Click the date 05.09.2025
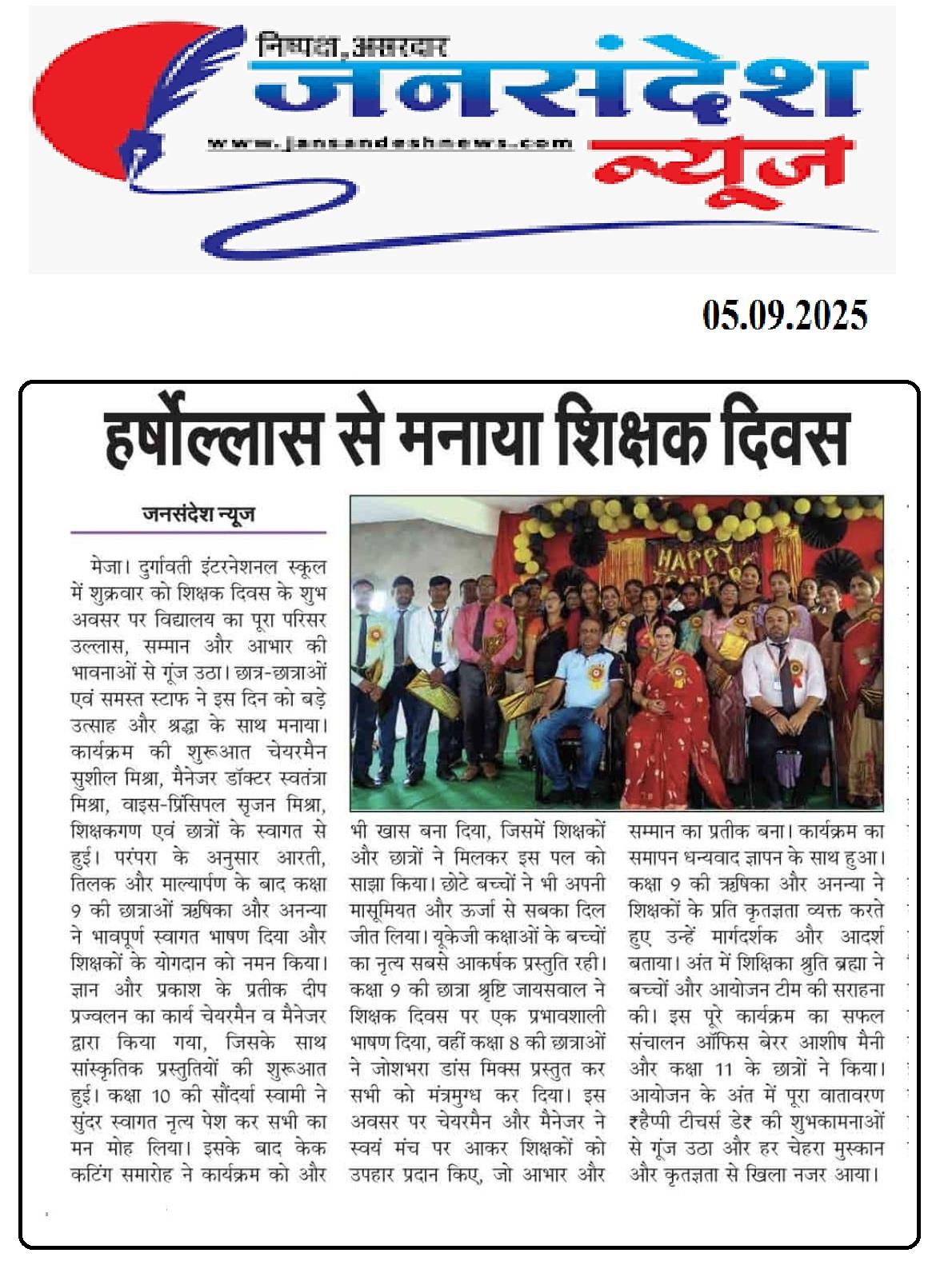785,315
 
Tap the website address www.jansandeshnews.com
390,144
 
